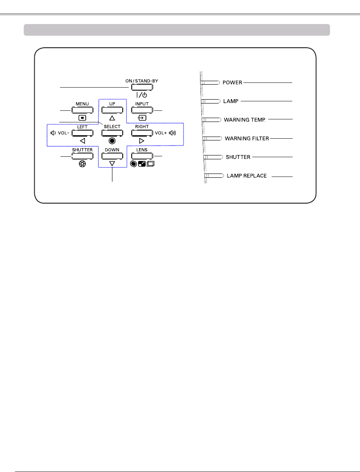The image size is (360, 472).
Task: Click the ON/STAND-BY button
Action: [x=142, y=88]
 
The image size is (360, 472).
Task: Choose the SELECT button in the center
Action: [x=112, y=133]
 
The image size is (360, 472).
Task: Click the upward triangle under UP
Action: [x=112, y=117]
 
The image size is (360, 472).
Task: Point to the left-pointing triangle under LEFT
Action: [x=82, y=140]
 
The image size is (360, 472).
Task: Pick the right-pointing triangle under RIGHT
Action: [x=142, y=140]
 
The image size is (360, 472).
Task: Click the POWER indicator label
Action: [x=233, y=82]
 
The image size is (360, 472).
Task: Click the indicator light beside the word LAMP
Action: [x=210, y=101]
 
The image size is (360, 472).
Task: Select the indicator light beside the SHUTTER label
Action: [x=213, y=157]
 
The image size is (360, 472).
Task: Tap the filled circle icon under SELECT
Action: [x=112, y=140]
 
